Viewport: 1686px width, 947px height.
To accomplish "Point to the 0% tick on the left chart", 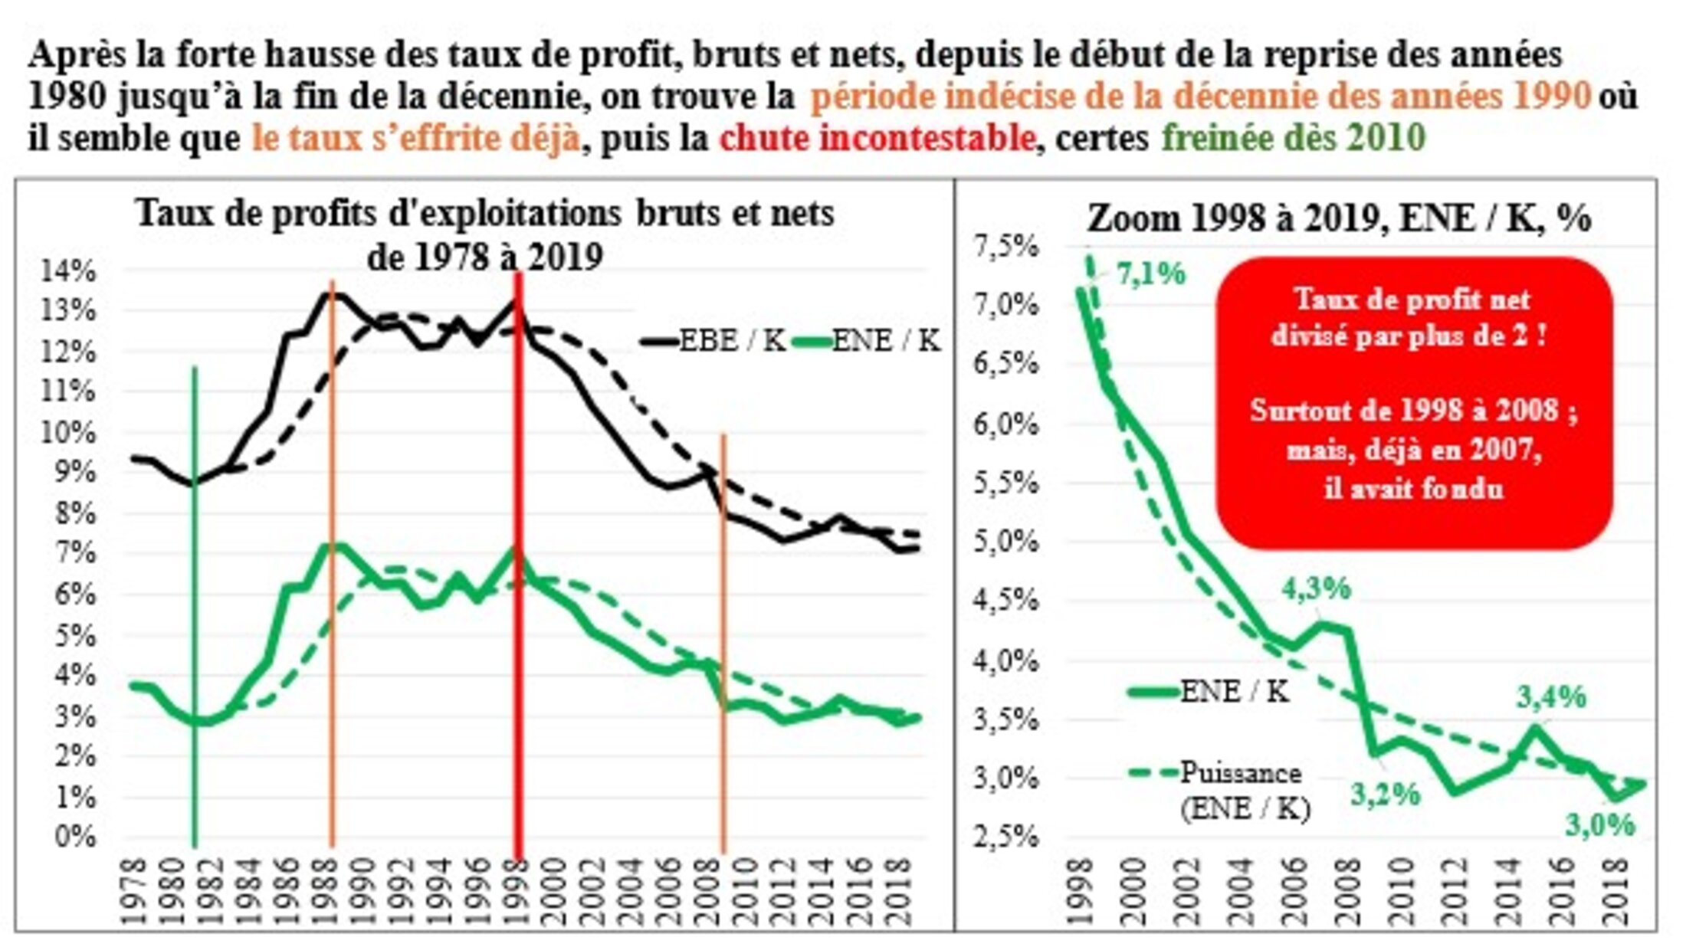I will [x=75, y=835].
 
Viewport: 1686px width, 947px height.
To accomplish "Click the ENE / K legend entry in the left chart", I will [x=866, y=341].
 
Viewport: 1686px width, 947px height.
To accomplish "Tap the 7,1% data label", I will [x=1150, y=274].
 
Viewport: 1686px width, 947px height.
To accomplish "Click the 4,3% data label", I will [x=1316, y=588].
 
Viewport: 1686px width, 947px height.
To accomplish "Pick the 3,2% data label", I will [x=1385, y=795].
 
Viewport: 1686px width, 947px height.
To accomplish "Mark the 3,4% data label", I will [x=1551, y=696].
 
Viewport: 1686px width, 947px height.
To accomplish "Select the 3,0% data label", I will [x=1600, y=824].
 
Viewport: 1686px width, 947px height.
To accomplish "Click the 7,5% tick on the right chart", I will [x=1005, y=247].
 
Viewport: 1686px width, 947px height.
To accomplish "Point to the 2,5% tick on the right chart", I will [x=1005, y=835].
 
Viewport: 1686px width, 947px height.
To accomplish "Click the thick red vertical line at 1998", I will [x=519, y=536].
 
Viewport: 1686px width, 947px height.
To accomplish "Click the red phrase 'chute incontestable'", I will [x=877, y=139].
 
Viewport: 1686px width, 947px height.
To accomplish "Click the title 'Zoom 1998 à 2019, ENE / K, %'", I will [x=1339, y=220].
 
